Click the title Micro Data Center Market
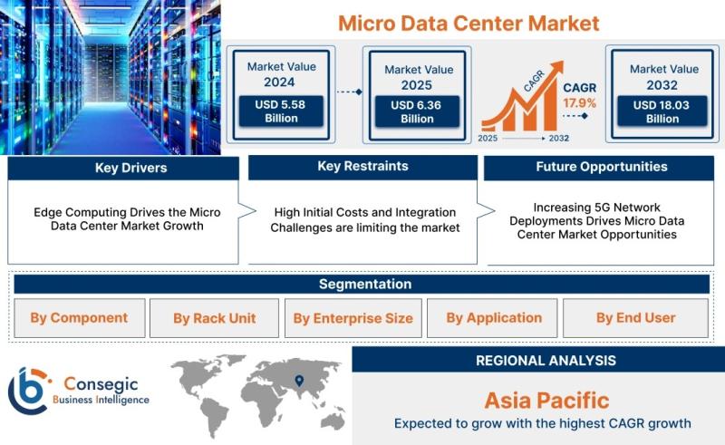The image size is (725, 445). (x=469, y=24)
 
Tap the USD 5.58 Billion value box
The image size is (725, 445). (x=281, y=111)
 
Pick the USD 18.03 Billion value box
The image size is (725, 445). (x=662, y=111)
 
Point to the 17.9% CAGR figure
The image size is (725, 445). (x=579, y=102)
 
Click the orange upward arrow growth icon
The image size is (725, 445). (x=523, y=96)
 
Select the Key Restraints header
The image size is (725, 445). (x=363, y=167)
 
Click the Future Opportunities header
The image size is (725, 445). (x=599, y=168)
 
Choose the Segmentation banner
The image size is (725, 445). (x=362, y=284)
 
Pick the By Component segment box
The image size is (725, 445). (x=80, y=318)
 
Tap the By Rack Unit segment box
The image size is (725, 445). (x=214, y=318)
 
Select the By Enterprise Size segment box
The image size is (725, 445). (x=353, y=318)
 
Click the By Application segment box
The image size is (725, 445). (x=492, y=318)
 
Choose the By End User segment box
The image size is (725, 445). (x=636, y=318)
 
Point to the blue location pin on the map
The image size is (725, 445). (x=299, y=381)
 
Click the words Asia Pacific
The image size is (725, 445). (x=546, y=401)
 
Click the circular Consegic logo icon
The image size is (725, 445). (x=29, y=391)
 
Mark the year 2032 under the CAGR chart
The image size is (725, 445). (x=558, y=138)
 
